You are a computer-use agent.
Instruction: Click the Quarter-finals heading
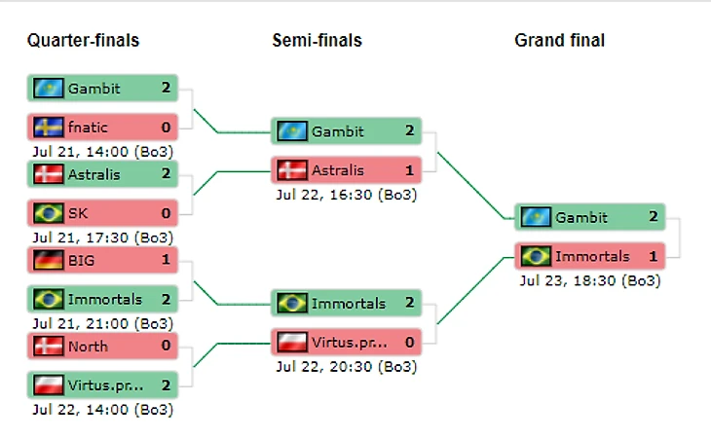[x=83, y=41]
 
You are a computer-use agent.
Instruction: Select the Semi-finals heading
[x=317, y=41]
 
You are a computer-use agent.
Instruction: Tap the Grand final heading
[x=559, y=41]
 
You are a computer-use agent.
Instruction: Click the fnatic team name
[x=88, y=126]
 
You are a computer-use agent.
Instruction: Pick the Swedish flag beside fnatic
[x=49, y=126]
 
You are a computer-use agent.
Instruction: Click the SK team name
[x=78, y=212]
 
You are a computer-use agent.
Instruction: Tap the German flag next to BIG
[x=49, y=260]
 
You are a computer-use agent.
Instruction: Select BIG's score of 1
[x=166, y=260]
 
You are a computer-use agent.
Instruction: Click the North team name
[x=88, y=347]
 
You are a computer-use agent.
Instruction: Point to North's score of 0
[x=166, y=347]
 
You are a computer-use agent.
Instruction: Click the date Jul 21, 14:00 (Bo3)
[x=103, y=150]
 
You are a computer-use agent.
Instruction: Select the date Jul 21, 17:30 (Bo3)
[x=103, y=237]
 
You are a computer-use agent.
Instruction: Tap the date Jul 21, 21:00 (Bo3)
[x=103, y=323]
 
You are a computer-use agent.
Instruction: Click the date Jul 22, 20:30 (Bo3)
[x=347, y=366]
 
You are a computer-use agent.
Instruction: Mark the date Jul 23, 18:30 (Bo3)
[x=590, y=280]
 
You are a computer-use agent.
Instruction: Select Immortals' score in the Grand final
[x=654, y=256]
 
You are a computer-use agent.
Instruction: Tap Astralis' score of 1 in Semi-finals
[x=410, y=170]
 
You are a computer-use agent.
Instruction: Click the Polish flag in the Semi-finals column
[x=292, y=342]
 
